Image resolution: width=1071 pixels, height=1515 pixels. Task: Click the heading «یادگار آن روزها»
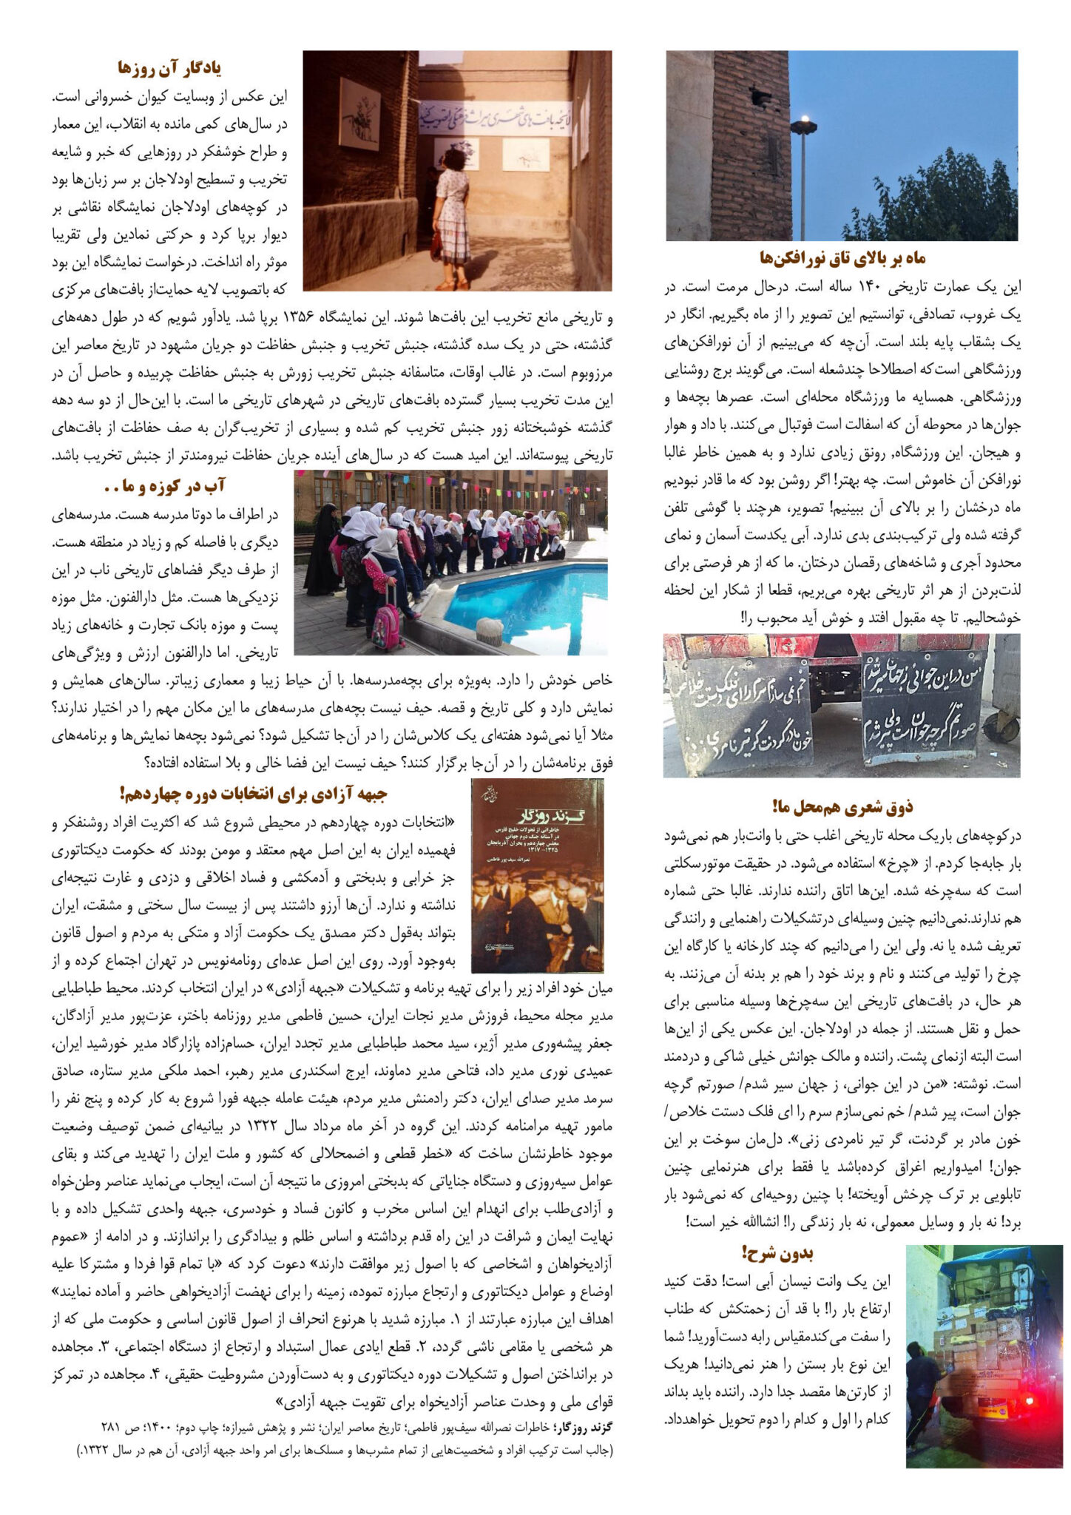(169, 69)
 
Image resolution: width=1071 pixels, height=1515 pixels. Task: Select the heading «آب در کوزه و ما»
(164, 486)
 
